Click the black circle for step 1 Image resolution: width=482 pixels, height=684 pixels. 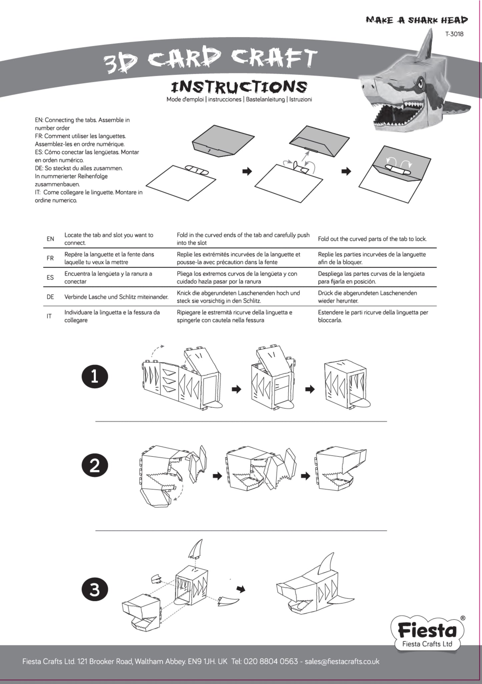click(95, 376)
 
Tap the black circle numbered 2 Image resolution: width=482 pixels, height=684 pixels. click(95, 465)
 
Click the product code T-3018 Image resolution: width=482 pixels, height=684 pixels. click(454, 34)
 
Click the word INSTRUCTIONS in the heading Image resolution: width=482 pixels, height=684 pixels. click(239, 87)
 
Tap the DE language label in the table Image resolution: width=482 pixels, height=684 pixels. click(50, 297)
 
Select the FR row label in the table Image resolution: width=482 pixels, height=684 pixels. click(50, 258)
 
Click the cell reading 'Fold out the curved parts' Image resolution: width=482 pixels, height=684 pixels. click(372, 239)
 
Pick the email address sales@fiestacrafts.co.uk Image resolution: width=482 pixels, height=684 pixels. click(342, 661)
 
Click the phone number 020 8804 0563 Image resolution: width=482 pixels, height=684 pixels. click(271, 661)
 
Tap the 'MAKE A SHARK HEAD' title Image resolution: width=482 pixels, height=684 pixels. click(417, 20)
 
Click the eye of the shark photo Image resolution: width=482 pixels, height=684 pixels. click(421, 81)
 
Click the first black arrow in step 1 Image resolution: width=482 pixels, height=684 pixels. click(236, 389)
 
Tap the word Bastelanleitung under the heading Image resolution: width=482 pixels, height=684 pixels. click(265, 99)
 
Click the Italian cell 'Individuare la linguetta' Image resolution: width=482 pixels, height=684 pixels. click(112, 316)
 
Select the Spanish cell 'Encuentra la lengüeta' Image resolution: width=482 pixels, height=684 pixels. click(108, 277)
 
